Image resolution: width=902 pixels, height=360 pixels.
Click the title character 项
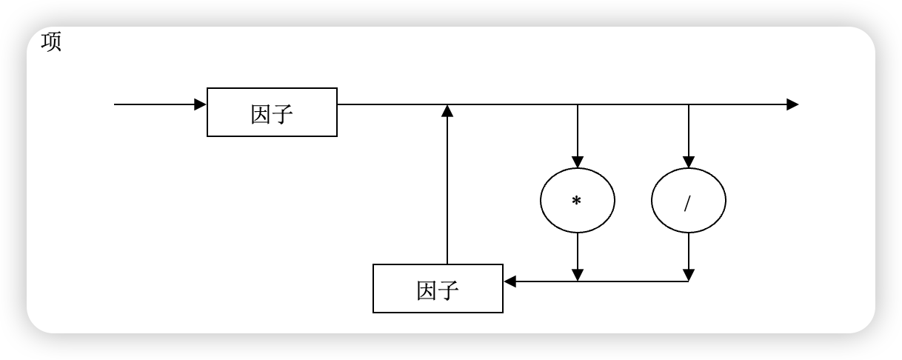(x=51, y=42)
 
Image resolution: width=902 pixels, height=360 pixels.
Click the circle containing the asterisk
(x=578, y=201)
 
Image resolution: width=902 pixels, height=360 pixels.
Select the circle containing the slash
(x=689, y=201)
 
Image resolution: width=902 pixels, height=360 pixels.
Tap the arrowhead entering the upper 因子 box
(x=201, y=104)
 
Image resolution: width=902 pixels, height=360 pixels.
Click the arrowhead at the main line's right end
(x=792, y=104)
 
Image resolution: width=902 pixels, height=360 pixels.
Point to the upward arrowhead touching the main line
(x=447, y=110)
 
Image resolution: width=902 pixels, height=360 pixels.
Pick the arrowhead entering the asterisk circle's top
(x=578, y=162)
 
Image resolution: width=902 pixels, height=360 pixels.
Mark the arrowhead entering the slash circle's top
(x=689, y=162)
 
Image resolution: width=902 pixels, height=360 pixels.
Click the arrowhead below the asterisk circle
(x=578, y=276)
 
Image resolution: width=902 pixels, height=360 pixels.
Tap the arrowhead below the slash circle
(x=689, y=276)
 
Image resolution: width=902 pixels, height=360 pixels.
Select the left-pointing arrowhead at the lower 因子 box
(x=510, y=281)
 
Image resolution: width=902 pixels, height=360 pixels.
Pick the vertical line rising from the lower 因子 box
(x=447, y=193)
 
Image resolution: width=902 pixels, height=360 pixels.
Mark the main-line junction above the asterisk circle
(x=578, y=104)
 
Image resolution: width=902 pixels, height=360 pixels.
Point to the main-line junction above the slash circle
(x=689, y=104)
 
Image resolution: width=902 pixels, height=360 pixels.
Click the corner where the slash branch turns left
(x=689, y=281)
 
